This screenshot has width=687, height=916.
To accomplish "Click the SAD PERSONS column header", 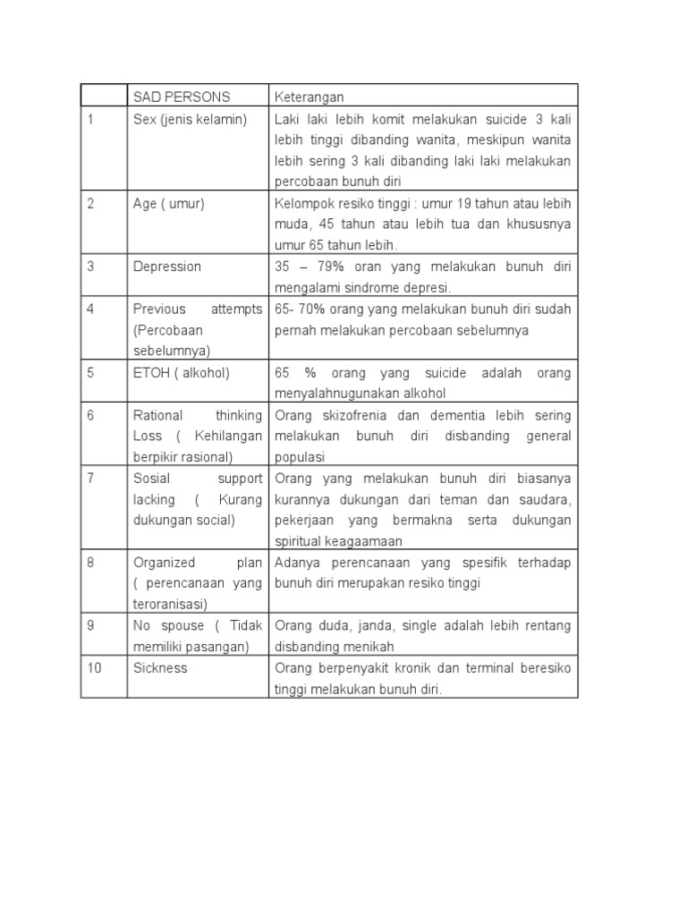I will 182,97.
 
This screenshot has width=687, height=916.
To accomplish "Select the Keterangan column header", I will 310,97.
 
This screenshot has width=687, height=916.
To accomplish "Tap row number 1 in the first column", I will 90,119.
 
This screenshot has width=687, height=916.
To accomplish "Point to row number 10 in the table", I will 94,667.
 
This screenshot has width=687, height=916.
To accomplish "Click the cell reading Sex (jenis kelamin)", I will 190,119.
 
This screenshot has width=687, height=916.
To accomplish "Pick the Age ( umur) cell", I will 169,203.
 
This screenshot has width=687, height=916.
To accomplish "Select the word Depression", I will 167,267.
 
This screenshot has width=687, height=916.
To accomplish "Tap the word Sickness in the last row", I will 160,667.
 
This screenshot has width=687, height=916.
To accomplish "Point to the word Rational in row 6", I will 157,415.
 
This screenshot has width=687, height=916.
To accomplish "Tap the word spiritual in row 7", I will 297,541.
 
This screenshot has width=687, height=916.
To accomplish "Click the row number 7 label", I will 90,478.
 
